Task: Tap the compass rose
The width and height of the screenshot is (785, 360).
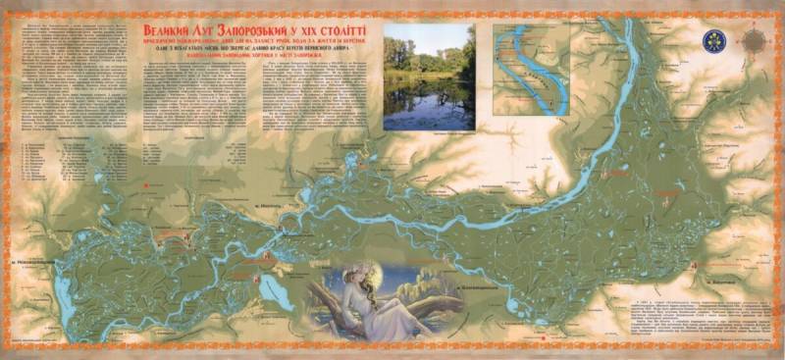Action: (x=753, y=40)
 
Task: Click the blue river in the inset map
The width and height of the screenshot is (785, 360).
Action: (x=536, y=64)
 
